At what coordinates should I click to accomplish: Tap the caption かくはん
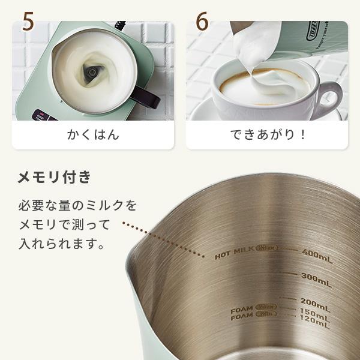(x=92, y=134)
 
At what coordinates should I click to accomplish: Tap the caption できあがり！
(x=268, y=134)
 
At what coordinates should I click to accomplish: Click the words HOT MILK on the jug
(x=235, y=254)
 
